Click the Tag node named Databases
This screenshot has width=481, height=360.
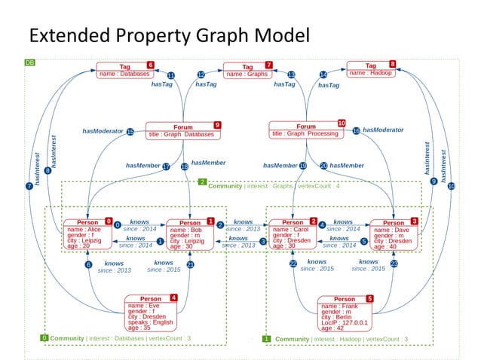125,70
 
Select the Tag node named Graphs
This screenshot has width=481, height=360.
248,70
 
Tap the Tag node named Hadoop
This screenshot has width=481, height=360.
371,69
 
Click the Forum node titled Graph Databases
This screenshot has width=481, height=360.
183,130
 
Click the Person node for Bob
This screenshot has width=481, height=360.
191,234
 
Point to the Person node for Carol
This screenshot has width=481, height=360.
293,234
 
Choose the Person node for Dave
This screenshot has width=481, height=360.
394,234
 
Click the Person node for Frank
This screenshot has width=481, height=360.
345,313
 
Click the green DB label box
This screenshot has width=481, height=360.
29,62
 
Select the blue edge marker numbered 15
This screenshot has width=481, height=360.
130,132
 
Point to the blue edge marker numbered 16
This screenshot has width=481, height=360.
356,131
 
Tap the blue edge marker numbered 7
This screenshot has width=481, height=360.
29,185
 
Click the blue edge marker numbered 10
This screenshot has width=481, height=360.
451,185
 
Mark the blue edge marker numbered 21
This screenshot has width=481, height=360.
191,264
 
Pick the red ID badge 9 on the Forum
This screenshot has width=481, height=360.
217,124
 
